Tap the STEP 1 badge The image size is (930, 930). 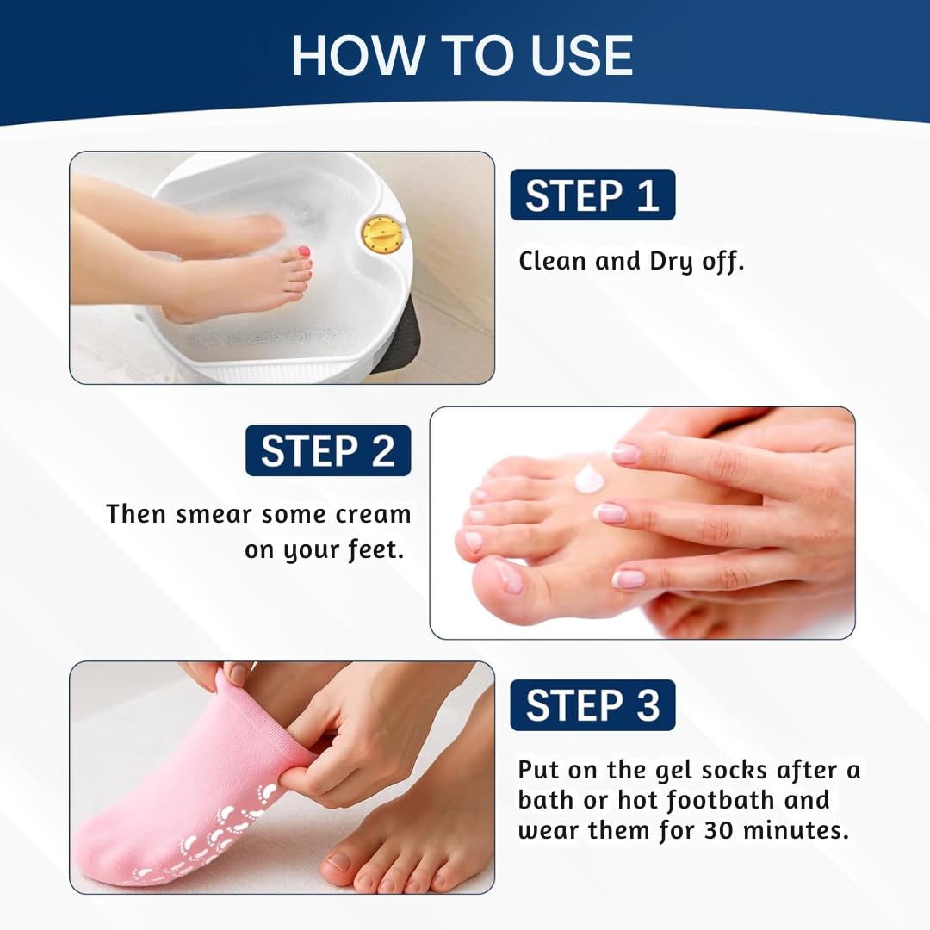tap(592, 195)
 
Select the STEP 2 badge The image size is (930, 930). tap(328, 450)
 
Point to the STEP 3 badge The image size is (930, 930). tap(592, 705)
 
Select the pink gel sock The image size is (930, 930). tap(189, 775)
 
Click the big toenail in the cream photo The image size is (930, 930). tap(508, 576)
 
